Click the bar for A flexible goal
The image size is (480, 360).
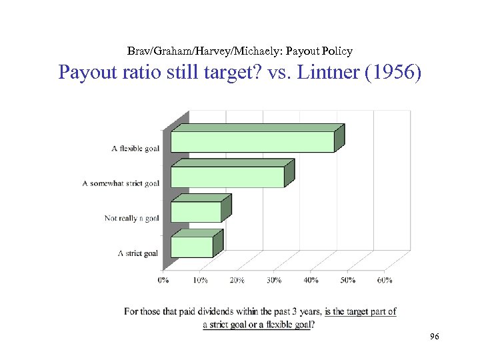[252, 142]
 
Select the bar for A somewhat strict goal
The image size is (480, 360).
[227, 177]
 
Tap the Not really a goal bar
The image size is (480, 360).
[196, 212]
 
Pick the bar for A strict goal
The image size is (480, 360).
[192, 247]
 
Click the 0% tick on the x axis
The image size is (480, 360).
[163, 281]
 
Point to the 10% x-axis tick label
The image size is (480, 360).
[200, 281]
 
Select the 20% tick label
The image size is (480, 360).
[237, 281]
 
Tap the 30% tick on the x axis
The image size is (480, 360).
[274, 281]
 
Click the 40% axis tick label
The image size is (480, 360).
[311, 281]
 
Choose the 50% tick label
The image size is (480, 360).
[348, 281]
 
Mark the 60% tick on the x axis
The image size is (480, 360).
[385, 281]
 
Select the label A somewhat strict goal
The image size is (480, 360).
[121, 183]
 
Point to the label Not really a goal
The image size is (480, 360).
[131, 218]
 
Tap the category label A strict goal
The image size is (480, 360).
[138, 253]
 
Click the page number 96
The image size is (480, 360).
[435, 337]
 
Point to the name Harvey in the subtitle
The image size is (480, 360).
[237, 51]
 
